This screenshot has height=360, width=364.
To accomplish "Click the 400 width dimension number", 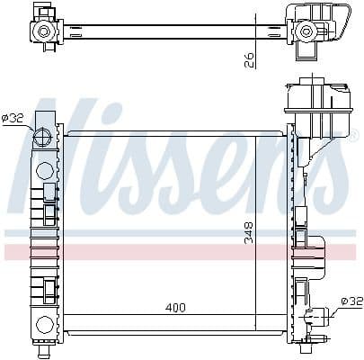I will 175,308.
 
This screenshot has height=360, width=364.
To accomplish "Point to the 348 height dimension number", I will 249,234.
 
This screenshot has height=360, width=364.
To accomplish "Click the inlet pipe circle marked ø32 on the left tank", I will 42,138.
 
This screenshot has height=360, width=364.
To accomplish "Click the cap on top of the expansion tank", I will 306,85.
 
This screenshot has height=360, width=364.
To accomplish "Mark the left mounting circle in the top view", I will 42,31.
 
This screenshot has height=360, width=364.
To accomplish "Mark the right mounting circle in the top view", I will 307,31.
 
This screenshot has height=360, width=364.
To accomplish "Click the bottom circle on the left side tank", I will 42,325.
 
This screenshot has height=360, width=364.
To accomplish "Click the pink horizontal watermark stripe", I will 180,251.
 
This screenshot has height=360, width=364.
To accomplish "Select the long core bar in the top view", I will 171,31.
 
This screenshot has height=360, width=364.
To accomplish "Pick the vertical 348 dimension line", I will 257,225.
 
